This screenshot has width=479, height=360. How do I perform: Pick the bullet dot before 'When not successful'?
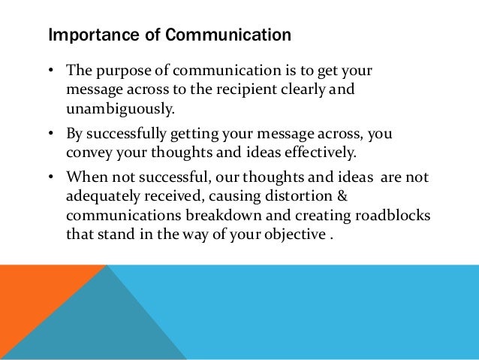click(x=51, y=177)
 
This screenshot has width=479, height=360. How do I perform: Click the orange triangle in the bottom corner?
click(x=30, y=301)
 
